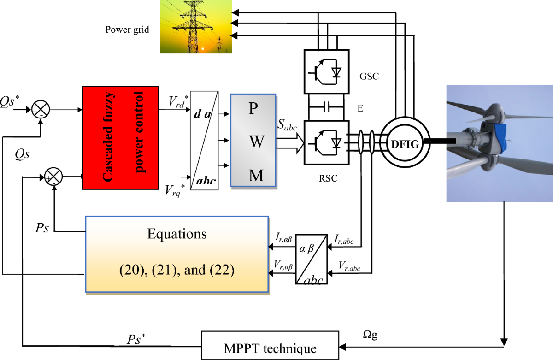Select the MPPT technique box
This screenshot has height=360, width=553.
coord(270,346)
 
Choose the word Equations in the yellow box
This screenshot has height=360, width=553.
coord(177,234)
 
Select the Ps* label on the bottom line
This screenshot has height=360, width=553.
coord(137,339)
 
